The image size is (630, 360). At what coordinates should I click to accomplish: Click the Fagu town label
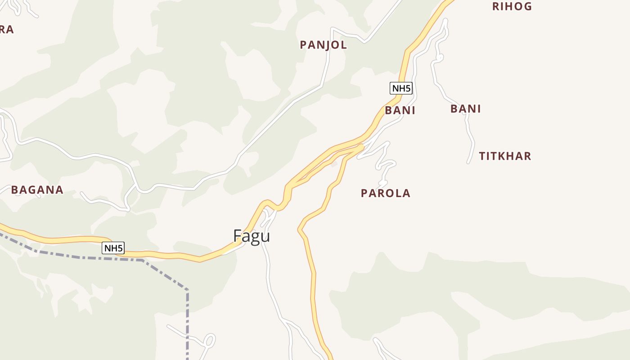pyautogui.click(x=252, y=236)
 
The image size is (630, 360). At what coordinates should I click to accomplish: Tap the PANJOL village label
pyautogui.click(x=323, y=45)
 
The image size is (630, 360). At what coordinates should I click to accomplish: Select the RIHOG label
pyautogui.click(x=512, y=6)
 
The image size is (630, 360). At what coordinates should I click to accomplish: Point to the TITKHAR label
pyautogui.click(x=505, y=156)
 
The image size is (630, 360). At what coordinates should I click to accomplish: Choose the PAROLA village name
pyautogui.click(x=386, y=193)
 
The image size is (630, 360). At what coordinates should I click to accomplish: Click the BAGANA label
pyautogui.click(x=37, y=190)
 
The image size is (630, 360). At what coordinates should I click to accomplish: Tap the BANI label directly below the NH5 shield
pyautogui.click(x=400, y=111)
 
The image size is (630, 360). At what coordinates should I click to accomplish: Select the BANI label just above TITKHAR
pyautogui.click(x=466, y=109)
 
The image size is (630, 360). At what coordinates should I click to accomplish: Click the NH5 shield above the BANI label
pyautogui.click(x=401, y=88)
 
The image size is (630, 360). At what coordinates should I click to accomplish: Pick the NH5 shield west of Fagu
pyautogui.click(x=113, y=248)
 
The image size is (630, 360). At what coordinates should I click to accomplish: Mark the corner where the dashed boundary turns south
pyautogui.click(x=187, y=290)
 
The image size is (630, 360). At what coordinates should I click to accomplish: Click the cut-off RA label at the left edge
pyautogui.click(x=6, y=30)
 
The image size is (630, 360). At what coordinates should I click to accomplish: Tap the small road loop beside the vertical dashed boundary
pyautogui.click(x=210, y=340)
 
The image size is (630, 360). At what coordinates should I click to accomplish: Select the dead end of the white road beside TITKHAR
pyautogui.click(x=469, y=162)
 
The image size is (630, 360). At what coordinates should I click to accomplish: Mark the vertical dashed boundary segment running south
pyautogui.click(x=187, y=324)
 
